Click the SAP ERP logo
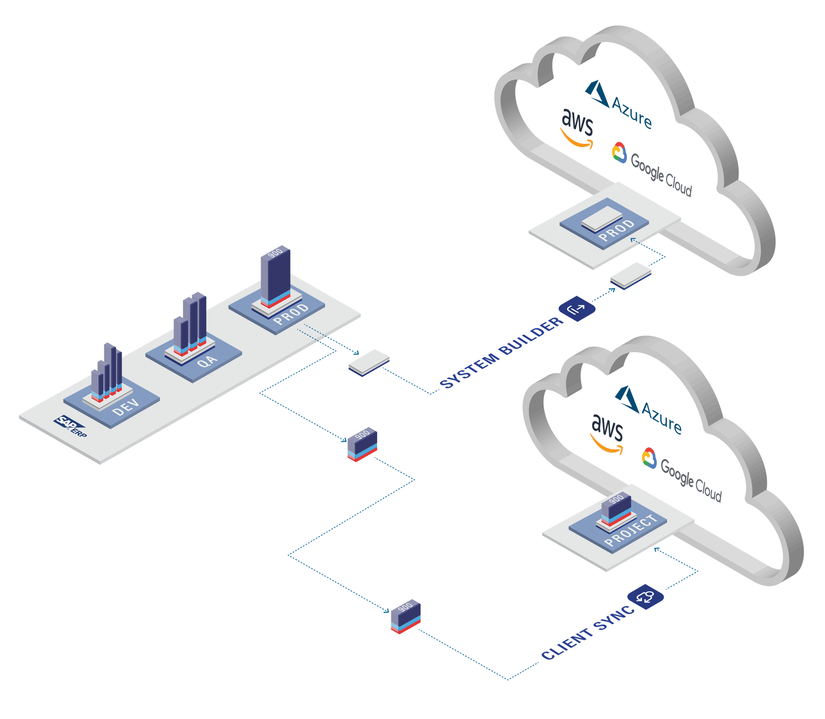pos(71,426)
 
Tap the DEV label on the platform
pos(126,407)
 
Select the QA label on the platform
pos(207,361)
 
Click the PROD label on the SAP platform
pos(291,314)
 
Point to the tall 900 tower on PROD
pos(276,276)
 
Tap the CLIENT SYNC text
pos(588,633)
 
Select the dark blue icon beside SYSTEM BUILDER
pos(577,309)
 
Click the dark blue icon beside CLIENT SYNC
pos(645,596)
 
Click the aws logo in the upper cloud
pos(577,129)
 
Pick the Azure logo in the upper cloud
pos(619,104)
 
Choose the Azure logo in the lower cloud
pos(649,410)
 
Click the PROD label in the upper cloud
pos(617,231)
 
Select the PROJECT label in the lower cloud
pos(631,530)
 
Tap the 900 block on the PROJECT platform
pos(616,509)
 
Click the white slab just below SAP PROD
pos(369,362)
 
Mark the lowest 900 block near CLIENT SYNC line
pos(406,616)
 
